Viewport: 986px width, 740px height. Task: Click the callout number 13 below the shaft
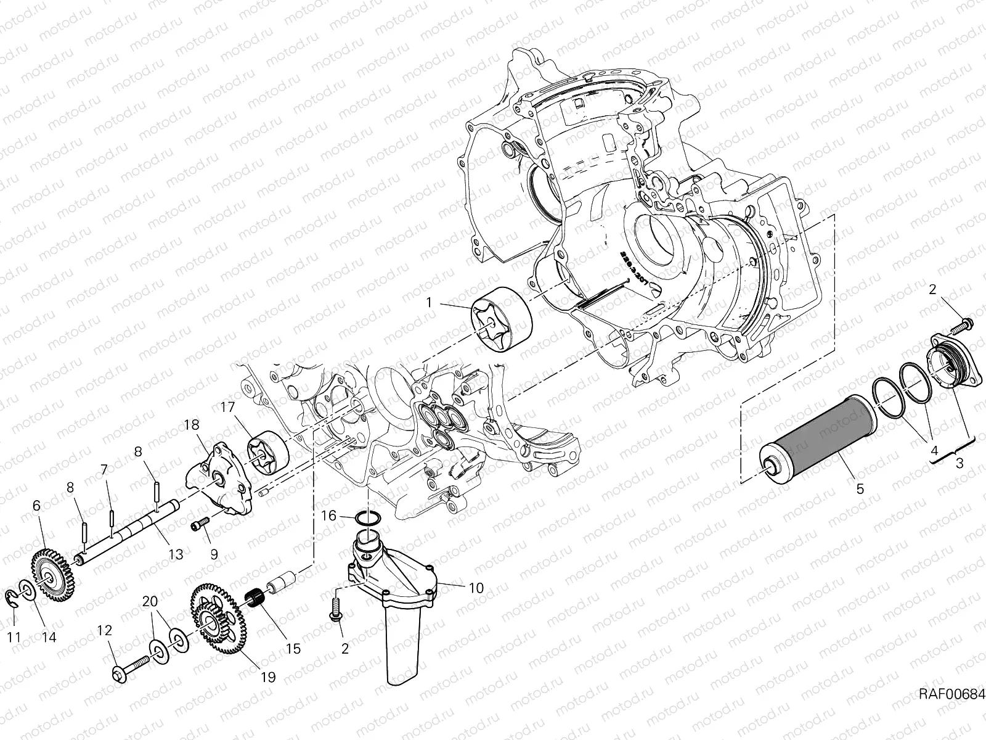point(176,554)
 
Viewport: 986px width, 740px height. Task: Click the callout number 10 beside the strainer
point(476,588)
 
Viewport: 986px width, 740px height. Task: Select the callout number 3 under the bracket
point(959,464)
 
